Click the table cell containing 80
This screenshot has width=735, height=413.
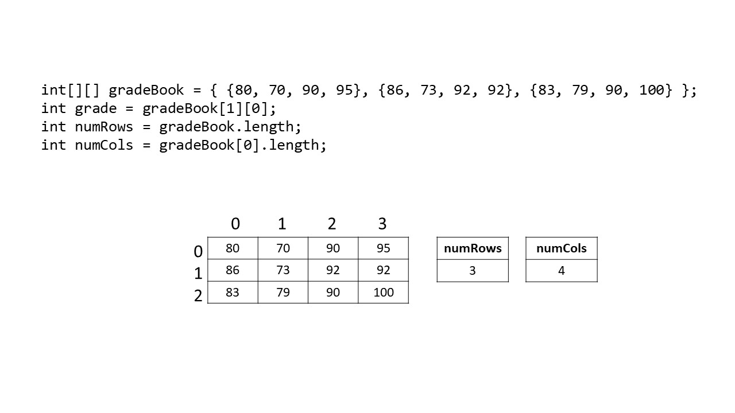pyautogui.click(x=233, y=248)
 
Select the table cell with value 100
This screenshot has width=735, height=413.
pyautogui.click(x=383, y=293)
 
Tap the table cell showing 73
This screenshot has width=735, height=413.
pyautogui.click(x=283, y=270)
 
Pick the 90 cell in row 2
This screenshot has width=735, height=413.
pyautogui.click(x=332, y=293)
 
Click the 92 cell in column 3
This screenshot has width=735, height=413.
pyautogui.click(x=383, y=270)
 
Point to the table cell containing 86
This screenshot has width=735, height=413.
pyautogui.click(x=233, y=270)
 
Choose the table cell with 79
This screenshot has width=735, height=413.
pyautogui.click(x=283, y=293)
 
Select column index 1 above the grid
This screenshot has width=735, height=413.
pyautogui.click(x=282, y=224)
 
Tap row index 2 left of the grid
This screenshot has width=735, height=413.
pyautogui.click(x=198, y=296)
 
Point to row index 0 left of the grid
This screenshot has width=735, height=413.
pyautogui.click(x=198, y=251)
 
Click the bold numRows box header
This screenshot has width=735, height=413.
pyautogui.click(x=473, y=248)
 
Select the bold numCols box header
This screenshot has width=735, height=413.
pyautogui.click(x=562, y=248)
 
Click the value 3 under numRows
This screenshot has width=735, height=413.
pyautogui.click(x=473, y=271)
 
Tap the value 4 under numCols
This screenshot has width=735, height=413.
pyautogui.click(x=562, y=271)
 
